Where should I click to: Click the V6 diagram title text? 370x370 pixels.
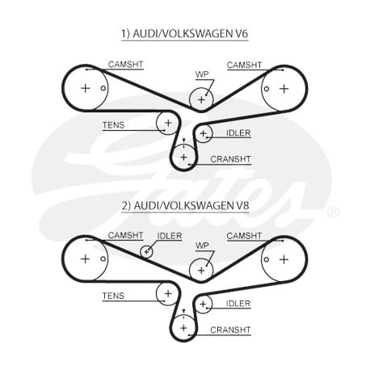[x=185, y=34]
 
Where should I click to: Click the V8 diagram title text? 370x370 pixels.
[x=185, y=206]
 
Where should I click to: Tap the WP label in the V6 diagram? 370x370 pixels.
[x=202, y=74]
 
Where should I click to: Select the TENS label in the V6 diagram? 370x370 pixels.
[x=113, y=125]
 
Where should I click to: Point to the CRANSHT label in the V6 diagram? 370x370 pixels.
[x=230, y=159]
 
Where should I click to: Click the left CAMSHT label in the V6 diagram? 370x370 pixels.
[x=125, y=65]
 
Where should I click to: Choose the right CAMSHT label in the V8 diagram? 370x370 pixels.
[x=244, y=236]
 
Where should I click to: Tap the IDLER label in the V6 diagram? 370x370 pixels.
[x=238, y=133]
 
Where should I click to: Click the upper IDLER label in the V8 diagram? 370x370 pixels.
[x=170, y=236]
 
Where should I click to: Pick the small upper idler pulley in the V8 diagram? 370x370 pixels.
[x=146, y=252]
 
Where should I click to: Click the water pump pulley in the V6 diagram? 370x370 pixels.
[x=201, y=100]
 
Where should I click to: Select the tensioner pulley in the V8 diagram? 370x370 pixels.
[x=167, y=293]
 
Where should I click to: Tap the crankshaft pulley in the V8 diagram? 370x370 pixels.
[x=183, y=328]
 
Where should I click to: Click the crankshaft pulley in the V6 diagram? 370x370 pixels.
[x=183, y=157]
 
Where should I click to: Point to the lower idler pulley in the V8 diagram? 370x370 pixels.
[x=203, y=305]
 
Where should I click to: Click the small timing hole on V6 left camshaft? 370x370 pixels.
[x=103, y=88]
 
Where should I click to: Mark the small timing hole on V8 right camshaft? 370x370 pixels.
[x=267, y=259]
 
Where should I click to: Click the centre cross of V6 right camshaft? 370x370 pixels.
[x=284, y=89]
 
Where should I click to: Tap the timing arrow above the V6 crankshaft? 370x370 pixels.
[x=183, y=141]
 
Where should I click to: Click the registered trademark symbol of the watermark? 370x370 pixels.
[x=333, y=212]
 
